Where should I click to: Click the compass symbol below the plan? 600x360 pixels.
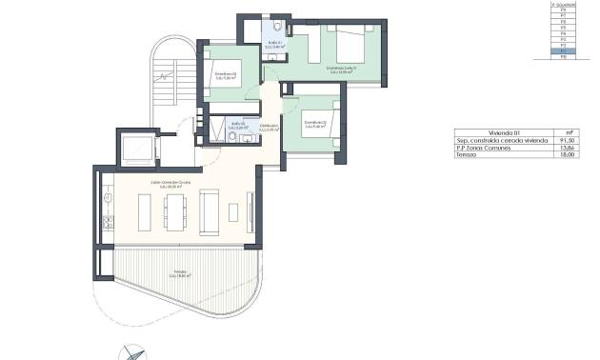(x=131, y=352)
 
